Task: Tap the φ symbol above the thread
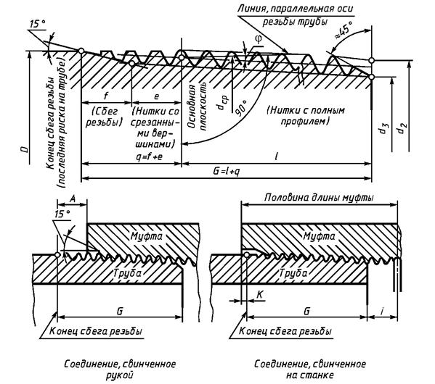(x=258, y=39)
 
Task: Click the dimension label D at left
(x=25, y=150)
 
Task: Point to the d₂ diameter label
(x=402, y=128)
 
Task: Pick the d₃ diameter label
(x=385, y=128)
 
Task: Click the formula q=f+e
(x=150, y=156)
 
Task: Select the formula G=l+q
(x=226, y=172)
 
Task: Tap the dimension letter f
(x=106, y=96)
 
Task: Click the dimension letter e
(x=156, y=96)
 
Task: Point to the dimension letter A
(x=73, y=198)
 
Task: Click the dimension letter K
(x=260, y=295)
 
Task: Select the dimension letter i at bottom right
(x=382, y=312)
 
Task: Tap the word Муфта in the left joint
(x=146, y=236)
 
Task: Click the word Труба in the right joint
(x=293, y=274)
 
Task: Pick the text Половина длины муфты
(x=319, y=198)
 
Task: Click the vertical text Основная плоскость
(x=197, y=106)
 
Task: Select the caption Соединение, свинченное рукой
(x=120, y=370)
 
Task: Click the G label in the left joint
(x=120, y=312)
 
